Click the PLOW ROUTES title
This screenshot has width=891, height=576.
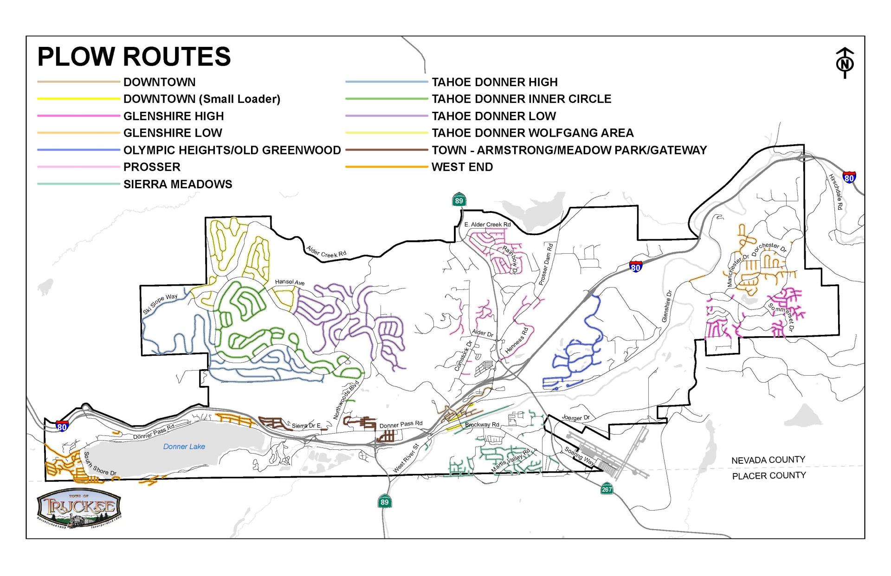[x=134, y=57]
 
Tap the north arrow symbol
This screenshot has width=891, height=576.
[x=845, y=63]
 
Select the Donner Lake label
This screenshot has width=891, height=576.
[x=184, y=447]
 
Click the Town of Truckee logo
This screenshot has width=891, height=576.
[x=79, y=509]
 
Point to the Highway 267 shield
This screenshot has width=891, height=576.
[x=607, y=489]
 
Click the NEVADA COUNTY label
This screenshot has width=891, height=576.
[x=768, y=460]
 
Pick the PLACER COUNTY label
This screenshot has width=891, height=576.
[x=768, y=476]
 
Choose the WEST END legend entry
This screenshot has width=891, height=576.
[x=462, y=167]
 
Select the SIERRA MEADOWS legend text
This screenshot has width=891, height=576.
[x=178, y=184]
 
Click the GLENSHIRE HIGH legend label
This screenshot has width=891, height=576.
[x=174, y=116]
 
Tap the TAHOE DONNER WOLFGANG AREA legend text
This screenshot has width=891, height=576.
[x=532, y=133]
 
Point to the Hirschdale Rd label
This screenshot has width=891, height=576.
[x=835, y=192]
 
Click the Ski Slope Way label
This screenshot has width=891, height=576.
[x=160, y=304]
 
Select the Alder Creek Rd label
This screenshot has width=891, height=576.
[x=326, y=251]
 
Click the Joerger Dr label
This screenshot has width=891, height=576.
[x=575, y=418]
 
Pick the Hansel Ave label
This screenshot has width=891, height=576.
[x=290, y=282]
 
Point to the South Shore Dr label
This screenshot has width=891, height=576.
[x=100, y=464]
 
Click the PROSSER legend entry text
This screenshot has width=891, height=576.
[x=152, y=167]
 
